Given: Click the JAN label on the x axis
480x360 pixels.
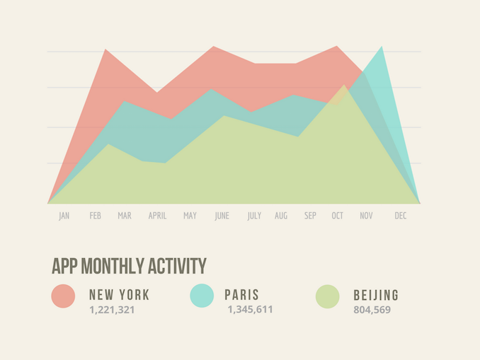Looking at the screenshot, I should tap(64, 216).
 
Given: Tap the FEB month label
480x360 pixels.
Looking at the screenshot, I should tap(95, 216).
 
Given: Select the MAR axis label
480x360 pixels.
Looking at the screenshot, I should tap(125, 216).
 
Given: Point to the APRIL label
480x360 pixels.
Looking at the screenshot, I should tap(157, 216).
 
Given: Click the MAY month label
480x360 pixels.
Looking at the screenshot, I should tap(190, 216).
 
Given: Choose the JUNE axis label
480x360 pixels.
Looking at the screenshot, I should tap(222, 216).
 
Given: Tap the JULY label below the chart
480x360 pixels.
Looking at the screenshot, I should tap(254, 216).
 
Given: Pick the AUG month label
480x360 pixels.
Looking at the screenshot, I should tap(281, 216).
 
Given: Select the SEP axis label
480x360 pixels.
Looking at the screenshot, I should tap(310, 216).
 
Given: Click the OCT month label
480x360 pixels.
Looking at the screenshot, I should tap(337, 216).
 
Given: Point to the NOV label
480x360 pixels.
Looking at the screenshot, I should tap(366, 216).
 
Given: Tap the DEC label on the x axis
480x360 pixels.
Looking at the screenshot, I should tap(401, 216).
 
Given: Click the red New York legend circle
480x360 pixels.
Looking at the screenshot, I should tap(63, 296).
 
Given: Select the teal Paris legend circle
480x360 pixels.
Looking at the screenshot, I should tap(202, 296).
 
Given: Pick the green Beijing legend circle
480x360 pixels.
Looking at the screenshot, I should tap(327, 296).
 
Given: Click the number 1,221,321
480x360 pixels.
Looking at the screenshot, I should tap(112, 310).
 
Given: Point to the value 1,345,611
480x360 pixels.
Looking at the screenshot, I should tap(250, 310).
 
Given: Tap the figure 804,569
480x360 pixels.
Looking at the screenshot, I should tap(372, 310).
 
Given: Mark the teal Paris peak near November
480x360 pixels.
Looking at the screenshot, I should tap(382, 47).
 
